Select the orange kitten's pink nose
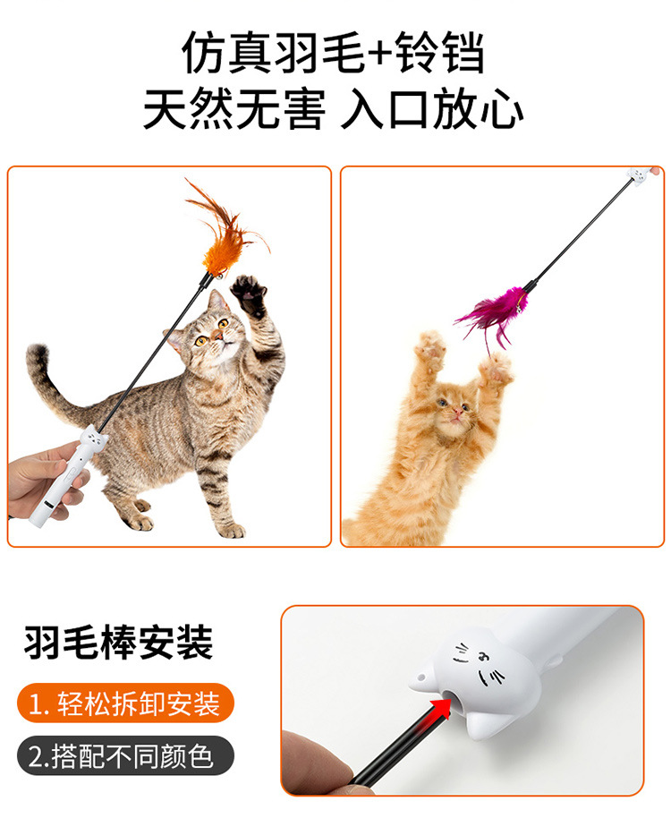click(457, 413)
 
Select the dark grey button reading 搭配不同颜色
click(125, 756)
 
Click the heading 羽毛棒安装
click(118, 642)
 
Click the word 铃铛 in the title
click(439, 52)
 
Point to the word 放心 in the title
click(478, 109)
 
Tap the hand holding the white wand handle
click(45, 480)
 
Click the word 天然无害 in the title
click(234, 109)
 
